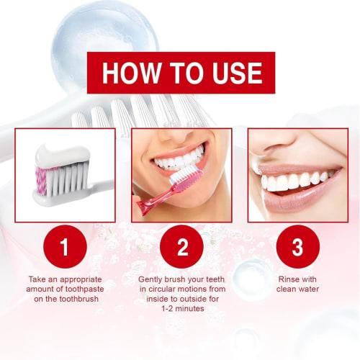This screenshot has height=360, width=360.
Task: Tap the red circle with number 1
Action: [x=64, y=249]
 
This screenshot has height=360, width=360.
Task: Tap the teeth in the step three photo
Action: [x=295, y=180]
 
